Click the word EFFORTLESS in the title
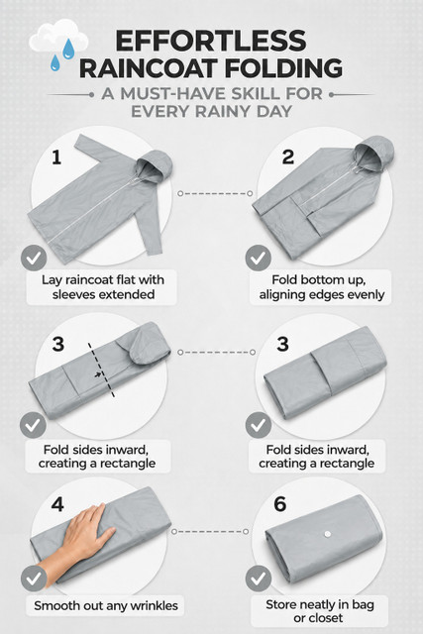[x=211, y=41]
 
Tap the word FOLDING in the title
[x=283, y=68]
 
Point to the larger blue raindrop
[x=68, y=49]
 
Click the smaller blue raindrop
[x=55, y=62]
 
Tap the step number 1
[x=56, y=157]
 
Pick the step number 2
[x=288, y=157]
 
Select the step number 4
[x=57, y=504]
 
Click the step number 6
[x=279, y=504]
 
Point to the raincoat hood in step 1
[x=155, y=165]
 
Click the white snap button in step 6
[x=328, y=534]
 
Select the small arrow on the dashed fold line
[x=98, y=374]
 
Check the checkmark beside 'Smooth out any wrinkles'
[x=34, y=579]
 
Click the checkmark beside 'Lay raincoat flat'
[x=34, y=258]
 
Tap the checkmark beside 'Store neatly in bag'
[x=259, y=579]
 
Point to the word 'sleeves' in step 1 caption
[x=74, y=294]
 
